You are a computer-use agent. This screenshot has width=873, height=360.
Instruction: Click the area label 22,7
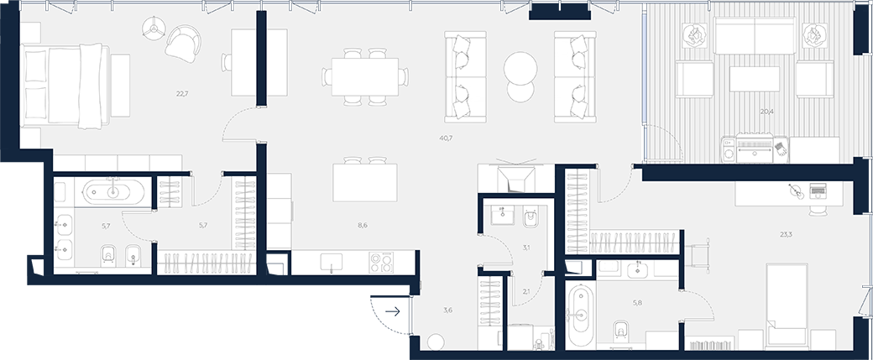[x=182, y=93]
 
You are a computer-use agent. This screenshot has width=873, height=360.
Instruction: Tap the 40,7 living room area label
[x=446, y=138]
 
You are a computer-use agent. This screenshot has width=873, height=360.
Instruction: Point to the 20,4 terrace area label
[x=766, y=112]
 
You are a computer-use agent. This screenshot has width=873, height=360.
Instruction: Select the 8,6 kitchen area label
[x=363, y=226]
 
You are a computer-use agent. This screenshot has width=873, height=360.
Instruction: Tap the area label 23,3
[x=786, y=234]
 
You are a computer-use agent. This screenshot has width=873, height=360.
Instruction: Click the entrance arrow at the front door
[x=393, y=311]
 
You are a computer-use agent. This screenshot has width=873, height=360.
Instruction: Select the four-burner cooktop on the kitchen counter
[x=381, y=263]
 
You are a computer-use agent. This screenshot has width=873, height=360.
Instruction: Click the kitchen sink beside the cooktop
[x=332, y=262]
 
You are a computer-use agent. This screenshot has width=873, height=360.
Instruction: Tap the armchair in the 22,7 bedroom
[x=183, y=44]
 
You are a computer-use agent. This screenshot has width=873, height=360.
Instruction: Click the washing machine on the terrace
[x=729, y=149]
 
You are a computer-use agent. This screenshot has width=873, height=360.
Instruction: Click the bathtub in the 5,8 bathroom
[x=582, y=315]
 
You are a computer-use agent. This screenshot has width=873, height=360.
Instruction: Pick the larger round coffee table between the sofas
[x=520, y=69]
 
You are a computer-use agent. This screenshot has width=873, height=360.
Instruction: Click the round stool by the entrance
[x=436, y=342]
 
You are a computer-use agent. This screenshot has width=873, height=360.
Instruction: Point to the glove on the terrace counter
[x=780, y=149]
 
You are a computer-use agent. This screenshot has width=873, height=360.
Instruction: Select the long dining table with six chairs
[x=365, y=77]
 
